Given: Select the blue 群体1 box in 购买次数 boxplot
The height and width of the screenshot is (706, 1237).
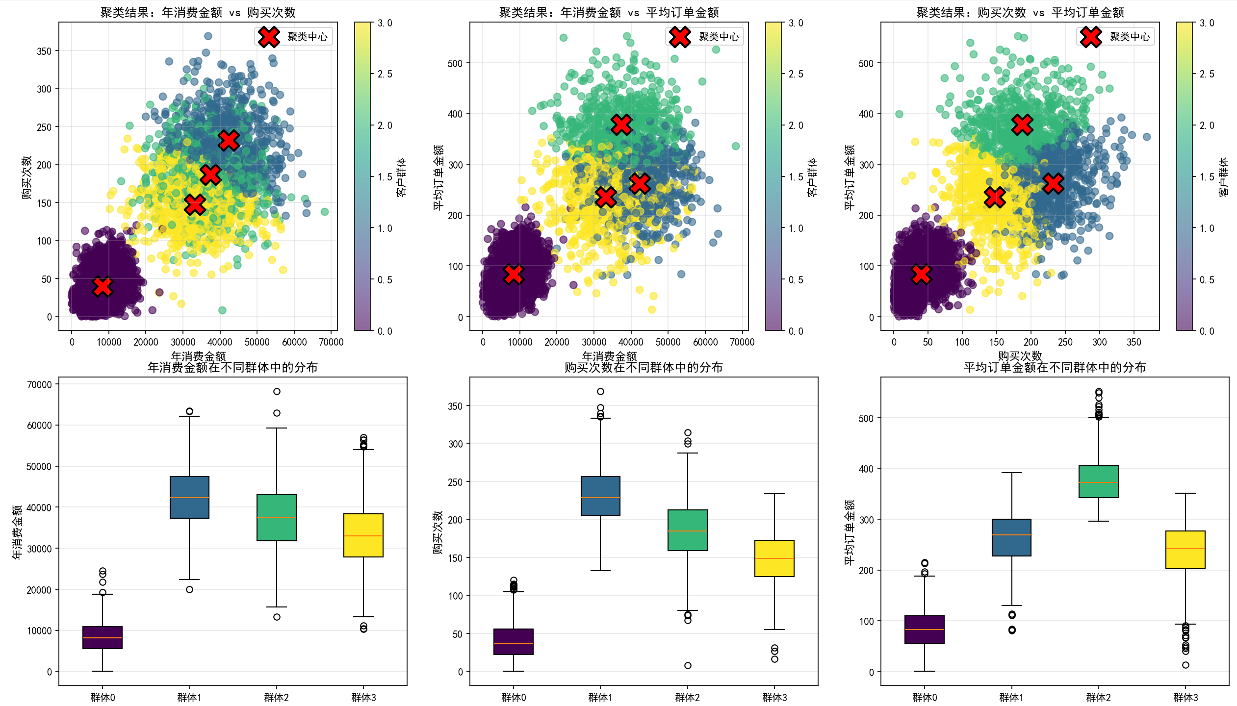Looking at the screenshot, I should (600, 495).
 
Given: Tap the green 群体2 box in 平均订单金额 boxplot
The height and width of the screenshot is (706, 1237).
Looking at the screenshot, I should (1098, 481).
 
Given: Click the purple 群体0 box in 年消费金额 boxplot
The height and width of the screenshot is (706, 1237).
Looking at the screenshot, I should (103, 637).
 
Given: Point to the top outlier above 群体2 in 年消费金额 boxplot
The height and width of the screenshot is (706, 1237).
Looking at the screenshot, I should (277, 391).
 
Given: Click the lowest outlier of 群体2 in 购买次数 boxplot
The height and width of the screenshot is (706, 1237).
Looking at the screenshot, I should (688, 665).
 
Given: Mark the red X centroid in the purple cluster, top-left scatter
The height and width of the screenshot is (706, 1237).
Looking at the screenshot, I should (103, 286).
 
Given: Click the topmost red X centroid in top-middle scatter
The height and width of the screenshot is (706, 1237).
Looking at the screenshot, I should (621, 125).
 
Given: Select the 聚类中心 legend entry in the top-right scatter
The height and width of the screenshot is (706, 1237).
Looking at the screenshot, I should (1115, 37).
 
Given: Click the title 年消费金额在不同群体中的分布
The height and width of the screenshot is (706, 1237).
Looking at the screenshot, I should (232, 367).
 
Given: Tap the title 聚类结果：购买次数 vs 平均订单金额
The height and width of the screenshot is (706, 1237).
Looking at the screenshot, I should (1020, 12).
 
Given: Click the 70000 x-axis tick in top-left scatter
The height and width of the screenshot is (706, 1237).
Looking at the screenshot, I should (331, 342).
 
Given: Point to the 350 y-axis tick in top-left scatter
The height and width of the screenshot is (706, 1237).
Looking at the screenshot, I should (44, 51).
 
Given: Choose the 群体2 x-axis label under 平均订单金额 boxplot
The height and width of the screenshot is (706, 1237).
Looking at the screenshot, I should (1098, 697).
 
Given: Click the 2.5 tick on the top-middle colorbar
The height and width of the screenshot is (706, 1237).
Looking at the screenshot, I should (796, 74).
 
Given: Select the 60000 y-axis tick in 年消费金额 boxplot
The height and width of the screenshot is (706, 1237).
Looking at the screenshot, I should (39, 425).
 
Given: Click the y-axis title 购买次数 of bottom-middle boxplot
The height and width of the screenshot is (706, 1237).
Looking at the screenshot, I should (438, 532).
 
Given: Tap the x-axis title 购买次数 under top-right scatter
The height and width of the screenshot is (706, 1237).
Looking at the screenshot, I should (1020, 356).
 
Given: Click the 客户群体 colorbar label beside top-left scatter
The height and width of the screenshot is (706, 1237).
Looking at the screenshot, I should (401, 177).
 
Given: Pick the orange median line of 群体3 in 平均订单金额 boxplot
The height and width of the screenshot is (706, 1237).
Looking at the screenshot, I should (1185, 549).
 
